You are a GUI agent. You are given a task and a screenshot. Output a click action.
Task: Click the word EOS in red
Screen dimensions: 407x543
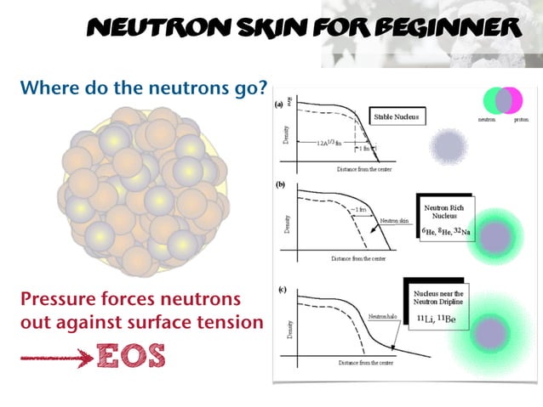(x=130, y=354)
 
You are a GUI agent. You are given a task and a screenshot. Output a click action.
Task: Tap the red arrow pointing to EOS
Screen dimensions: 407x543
(x=54, y=358)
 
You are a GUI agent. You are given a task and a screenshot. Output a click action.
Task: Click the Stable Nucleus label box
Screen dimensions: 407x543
(x=398, y=116)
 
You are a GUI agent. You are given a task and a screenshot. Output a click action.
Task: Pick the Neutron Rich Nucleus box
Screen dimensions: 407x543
(x=443, y=220)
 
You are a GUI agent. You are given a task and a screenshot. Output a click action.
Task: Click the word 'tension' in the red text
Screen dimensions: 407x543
(x=232, y=323)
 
